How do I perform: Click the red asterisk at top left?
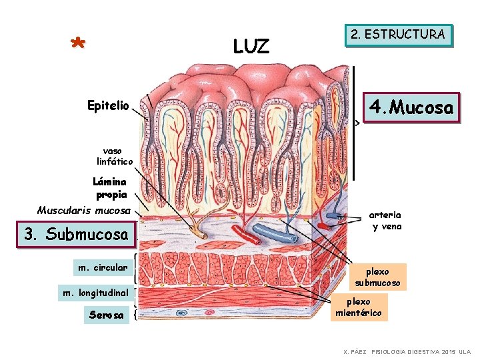tap(78, 44)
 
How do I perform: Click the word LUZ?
tap(251, 46)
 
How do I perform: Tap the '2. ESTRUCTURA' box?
tap(398, 35)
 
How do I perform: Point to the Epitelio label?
tap(109, 105)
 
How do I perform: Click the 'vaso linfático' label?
tap(115, 156)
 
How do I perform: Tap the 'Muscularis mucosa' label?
tap(84, 210)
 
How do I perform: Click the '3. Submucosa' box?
tap(75, 234)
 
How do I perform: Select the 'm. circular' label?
tap(103, 267)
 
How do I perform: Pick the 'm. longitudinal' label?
tap(95, 292)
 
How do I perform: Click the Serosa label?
tap(107, 315)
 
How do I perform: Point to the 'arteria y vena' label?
tap(385, 221)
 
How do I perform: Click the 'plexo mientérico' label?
tap(359, 307)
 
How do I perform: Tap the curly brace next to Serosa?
tap(136, 313)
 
